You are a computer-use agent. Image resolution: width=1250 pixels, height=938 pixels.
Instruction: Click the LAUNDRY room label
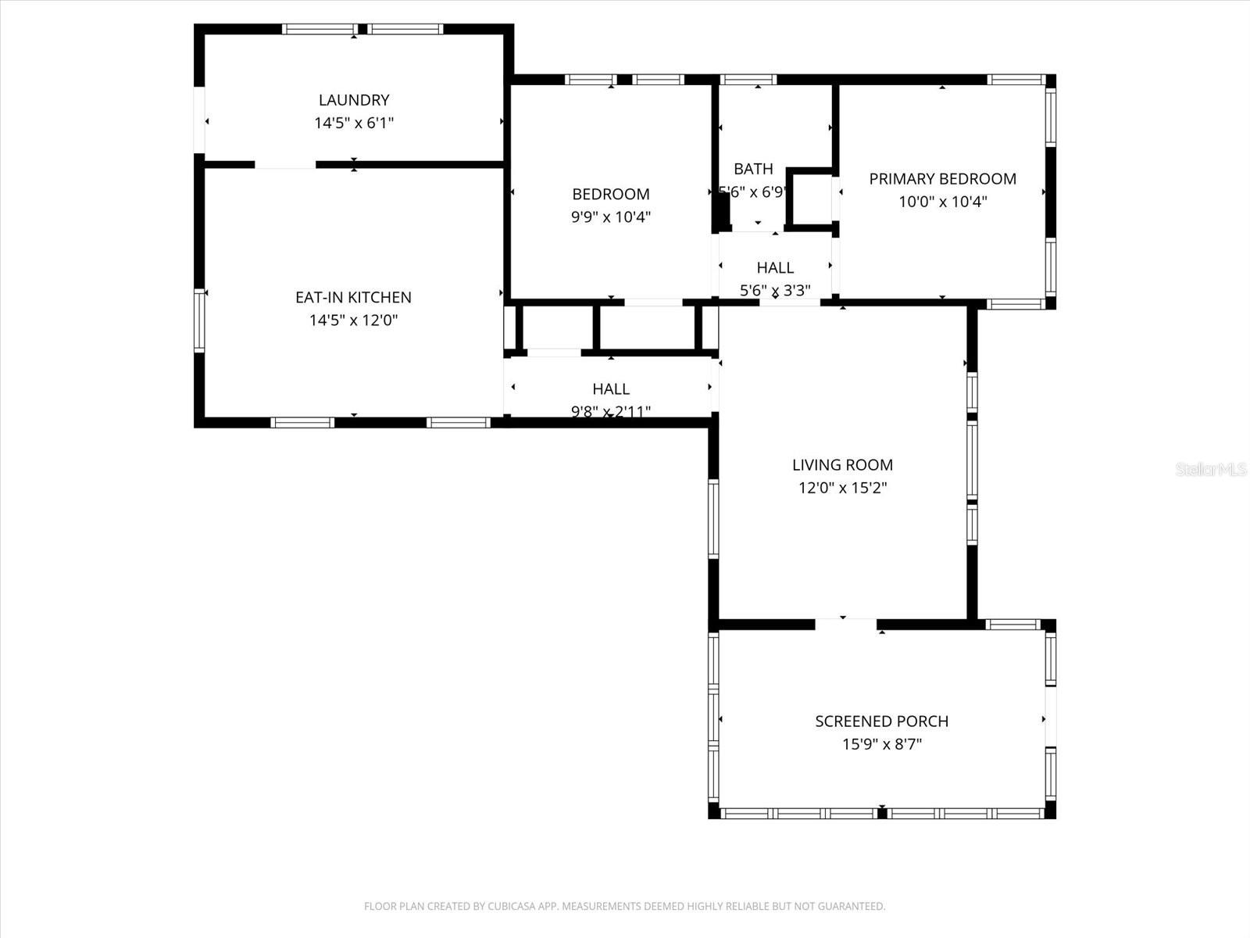353,100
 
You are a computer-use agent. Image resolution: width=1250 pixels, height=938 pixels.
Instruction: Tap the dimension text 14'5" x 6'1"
353,123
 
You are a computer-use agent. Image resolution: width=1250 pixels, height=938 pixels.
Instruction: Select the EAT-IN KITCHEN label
353,297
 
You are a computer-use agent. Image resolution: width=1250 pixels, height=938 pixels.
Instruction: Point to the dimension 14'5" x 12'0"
353,320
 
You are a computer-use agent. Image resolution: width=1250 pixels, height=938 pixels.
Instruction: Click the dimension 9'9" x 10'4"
610,217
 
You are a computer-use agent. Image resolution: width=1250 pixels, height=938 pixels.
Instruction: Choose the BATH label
753,169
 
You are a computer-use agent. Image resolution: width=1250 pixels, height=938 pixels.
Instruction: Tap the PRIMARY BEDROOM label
942,178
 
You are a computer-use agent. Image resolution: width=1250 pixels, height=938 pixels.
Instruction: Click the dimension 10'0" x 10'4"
942,202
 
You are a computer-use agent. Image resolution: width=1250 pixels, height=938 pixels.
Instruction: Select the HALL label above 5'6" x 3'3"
775,267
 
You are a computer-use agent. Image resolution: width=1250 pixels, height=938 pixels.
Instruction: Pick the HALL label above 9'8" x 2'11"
610,388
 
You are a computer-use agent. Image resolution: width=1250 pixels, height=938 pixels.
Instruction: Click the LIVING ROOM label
842,465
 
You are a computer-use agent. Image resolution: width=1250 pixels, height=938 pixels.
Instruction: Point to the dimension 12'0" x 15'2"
842,489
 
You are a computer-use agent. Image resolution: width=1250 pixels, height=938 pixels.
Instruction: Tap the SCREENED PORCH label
881,721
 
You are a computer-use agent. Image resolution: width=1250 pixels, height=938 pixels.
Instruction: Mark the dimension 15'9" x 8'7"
881,744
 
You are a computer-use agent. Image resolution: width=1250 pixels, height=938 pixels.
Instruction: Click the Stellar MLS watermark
1210,469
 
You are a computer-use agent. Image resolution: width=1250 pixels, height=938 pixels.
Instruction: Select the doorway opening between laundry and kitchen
285,164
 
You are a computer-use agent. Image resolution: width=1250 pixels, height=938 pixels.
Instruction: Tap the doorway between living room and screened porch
845,624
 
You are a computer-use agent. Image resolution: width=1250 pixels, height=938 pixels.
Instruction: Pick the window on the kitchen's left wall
199,320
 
